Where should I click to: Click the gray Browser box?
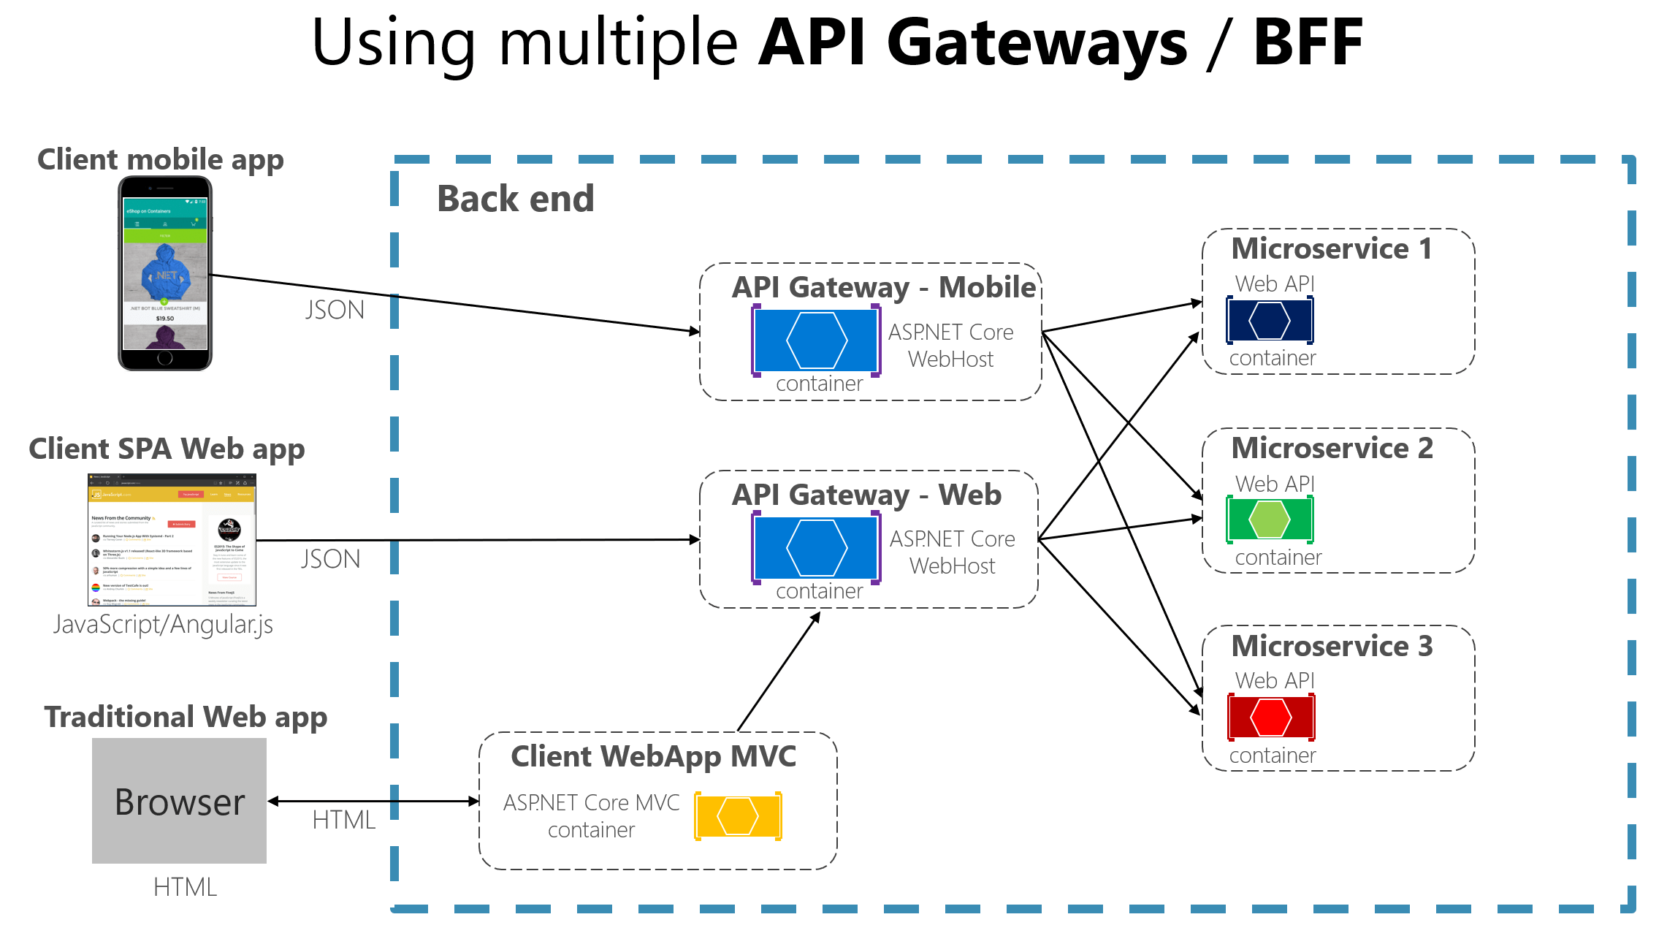(x=179, y=801)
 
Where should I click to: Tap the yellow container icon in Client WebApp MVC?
(x=738, y=815)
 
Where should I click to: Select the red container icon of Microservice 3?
(x=1271, y=718)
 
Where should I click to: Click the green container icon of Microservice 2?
(x=1270, y=519)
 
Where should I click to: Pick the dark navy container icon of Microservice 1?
(x=1270, y=320)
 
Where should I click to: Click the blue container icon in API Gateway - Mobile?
(x=816, y=340)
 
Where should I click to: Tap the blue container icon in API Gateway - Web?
(x=816, y=548)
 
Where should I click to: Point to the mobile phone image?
(x=165, y=273)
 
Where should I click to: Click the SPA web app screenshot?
(x=172, y=540)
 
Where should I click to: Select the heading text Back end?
(x=515, y=199)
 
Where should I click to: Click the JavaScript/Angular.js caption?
(x=163, y=625)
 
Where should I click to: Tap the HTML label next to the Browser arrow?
(x=343, y=820)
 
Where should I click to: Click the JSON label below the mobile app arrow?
(x=335, y=310)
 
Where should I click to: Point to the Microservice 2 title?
(x=1332, y=448)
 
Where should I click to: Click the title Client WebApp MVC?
(x=653, y=756)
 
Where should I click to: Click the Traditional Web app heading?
(x=186, y=717)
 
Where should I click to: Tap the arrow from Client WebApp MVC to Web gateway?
(x=779, y=671)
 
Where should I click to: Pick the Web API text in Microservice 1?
(x=1274, y=284)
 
